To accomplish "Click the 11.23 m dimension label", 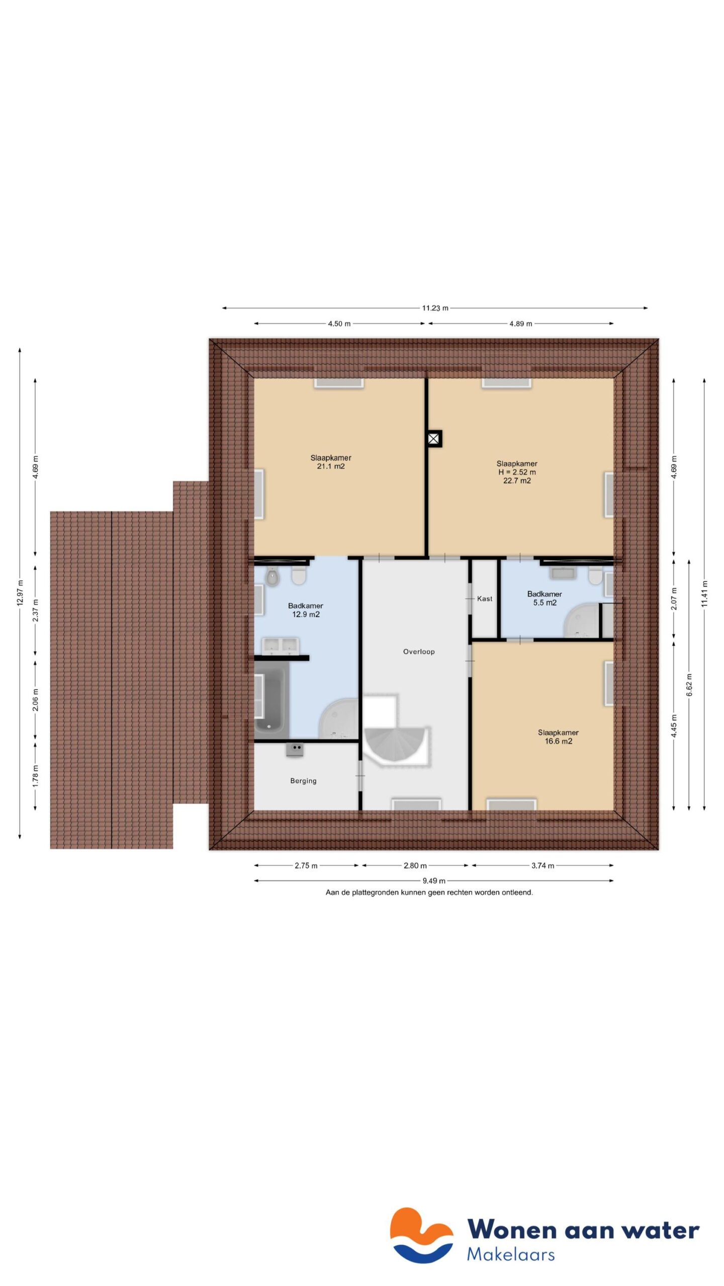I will [435, 308].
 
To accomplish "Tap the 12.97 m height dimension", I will [20, 592].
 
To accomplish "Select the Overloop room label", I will [418, 652].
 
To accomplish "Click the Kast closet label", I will [485, 598].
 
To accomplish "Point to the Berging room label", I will [303, 781].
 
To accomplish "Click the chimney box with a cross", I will [434, 439].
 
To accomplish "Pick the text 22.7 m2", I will [517, 480].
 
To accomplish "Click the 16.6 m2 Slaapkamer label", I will [558, 736].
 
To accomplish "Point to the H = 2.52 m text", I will [517, 472].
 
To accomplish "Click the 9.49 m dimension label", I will [433, 881].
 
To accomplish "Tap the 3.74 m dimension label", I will [542, 866].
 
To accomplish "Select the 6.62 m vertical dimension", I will [689, 685].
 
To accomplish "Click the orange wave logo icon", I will [421, 1234].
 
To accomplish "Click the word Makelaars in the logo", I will [510, 1254].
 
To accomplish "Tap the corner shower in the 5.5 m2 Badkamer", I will [581, 622].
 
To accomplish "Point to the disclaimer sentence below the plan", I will [429, 893].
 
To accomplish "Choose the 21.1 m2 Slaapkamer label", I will [330, 462].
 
